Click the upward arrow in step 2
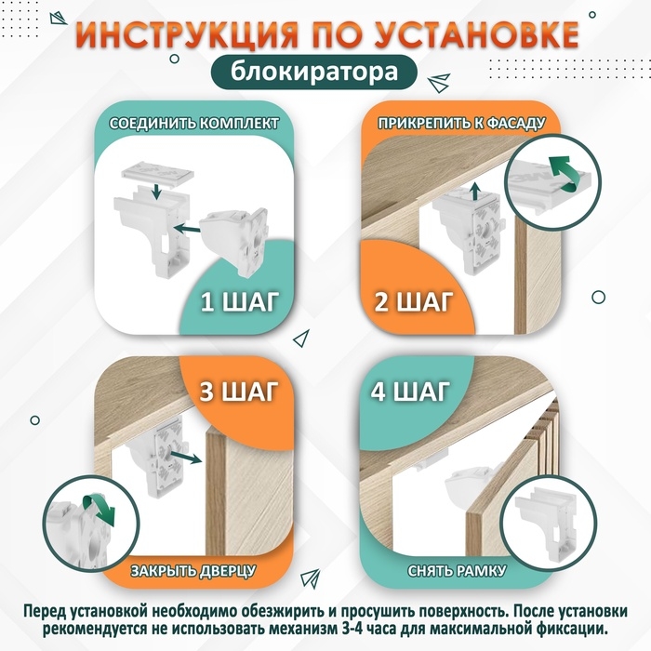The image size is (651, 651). pos(475,191)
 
